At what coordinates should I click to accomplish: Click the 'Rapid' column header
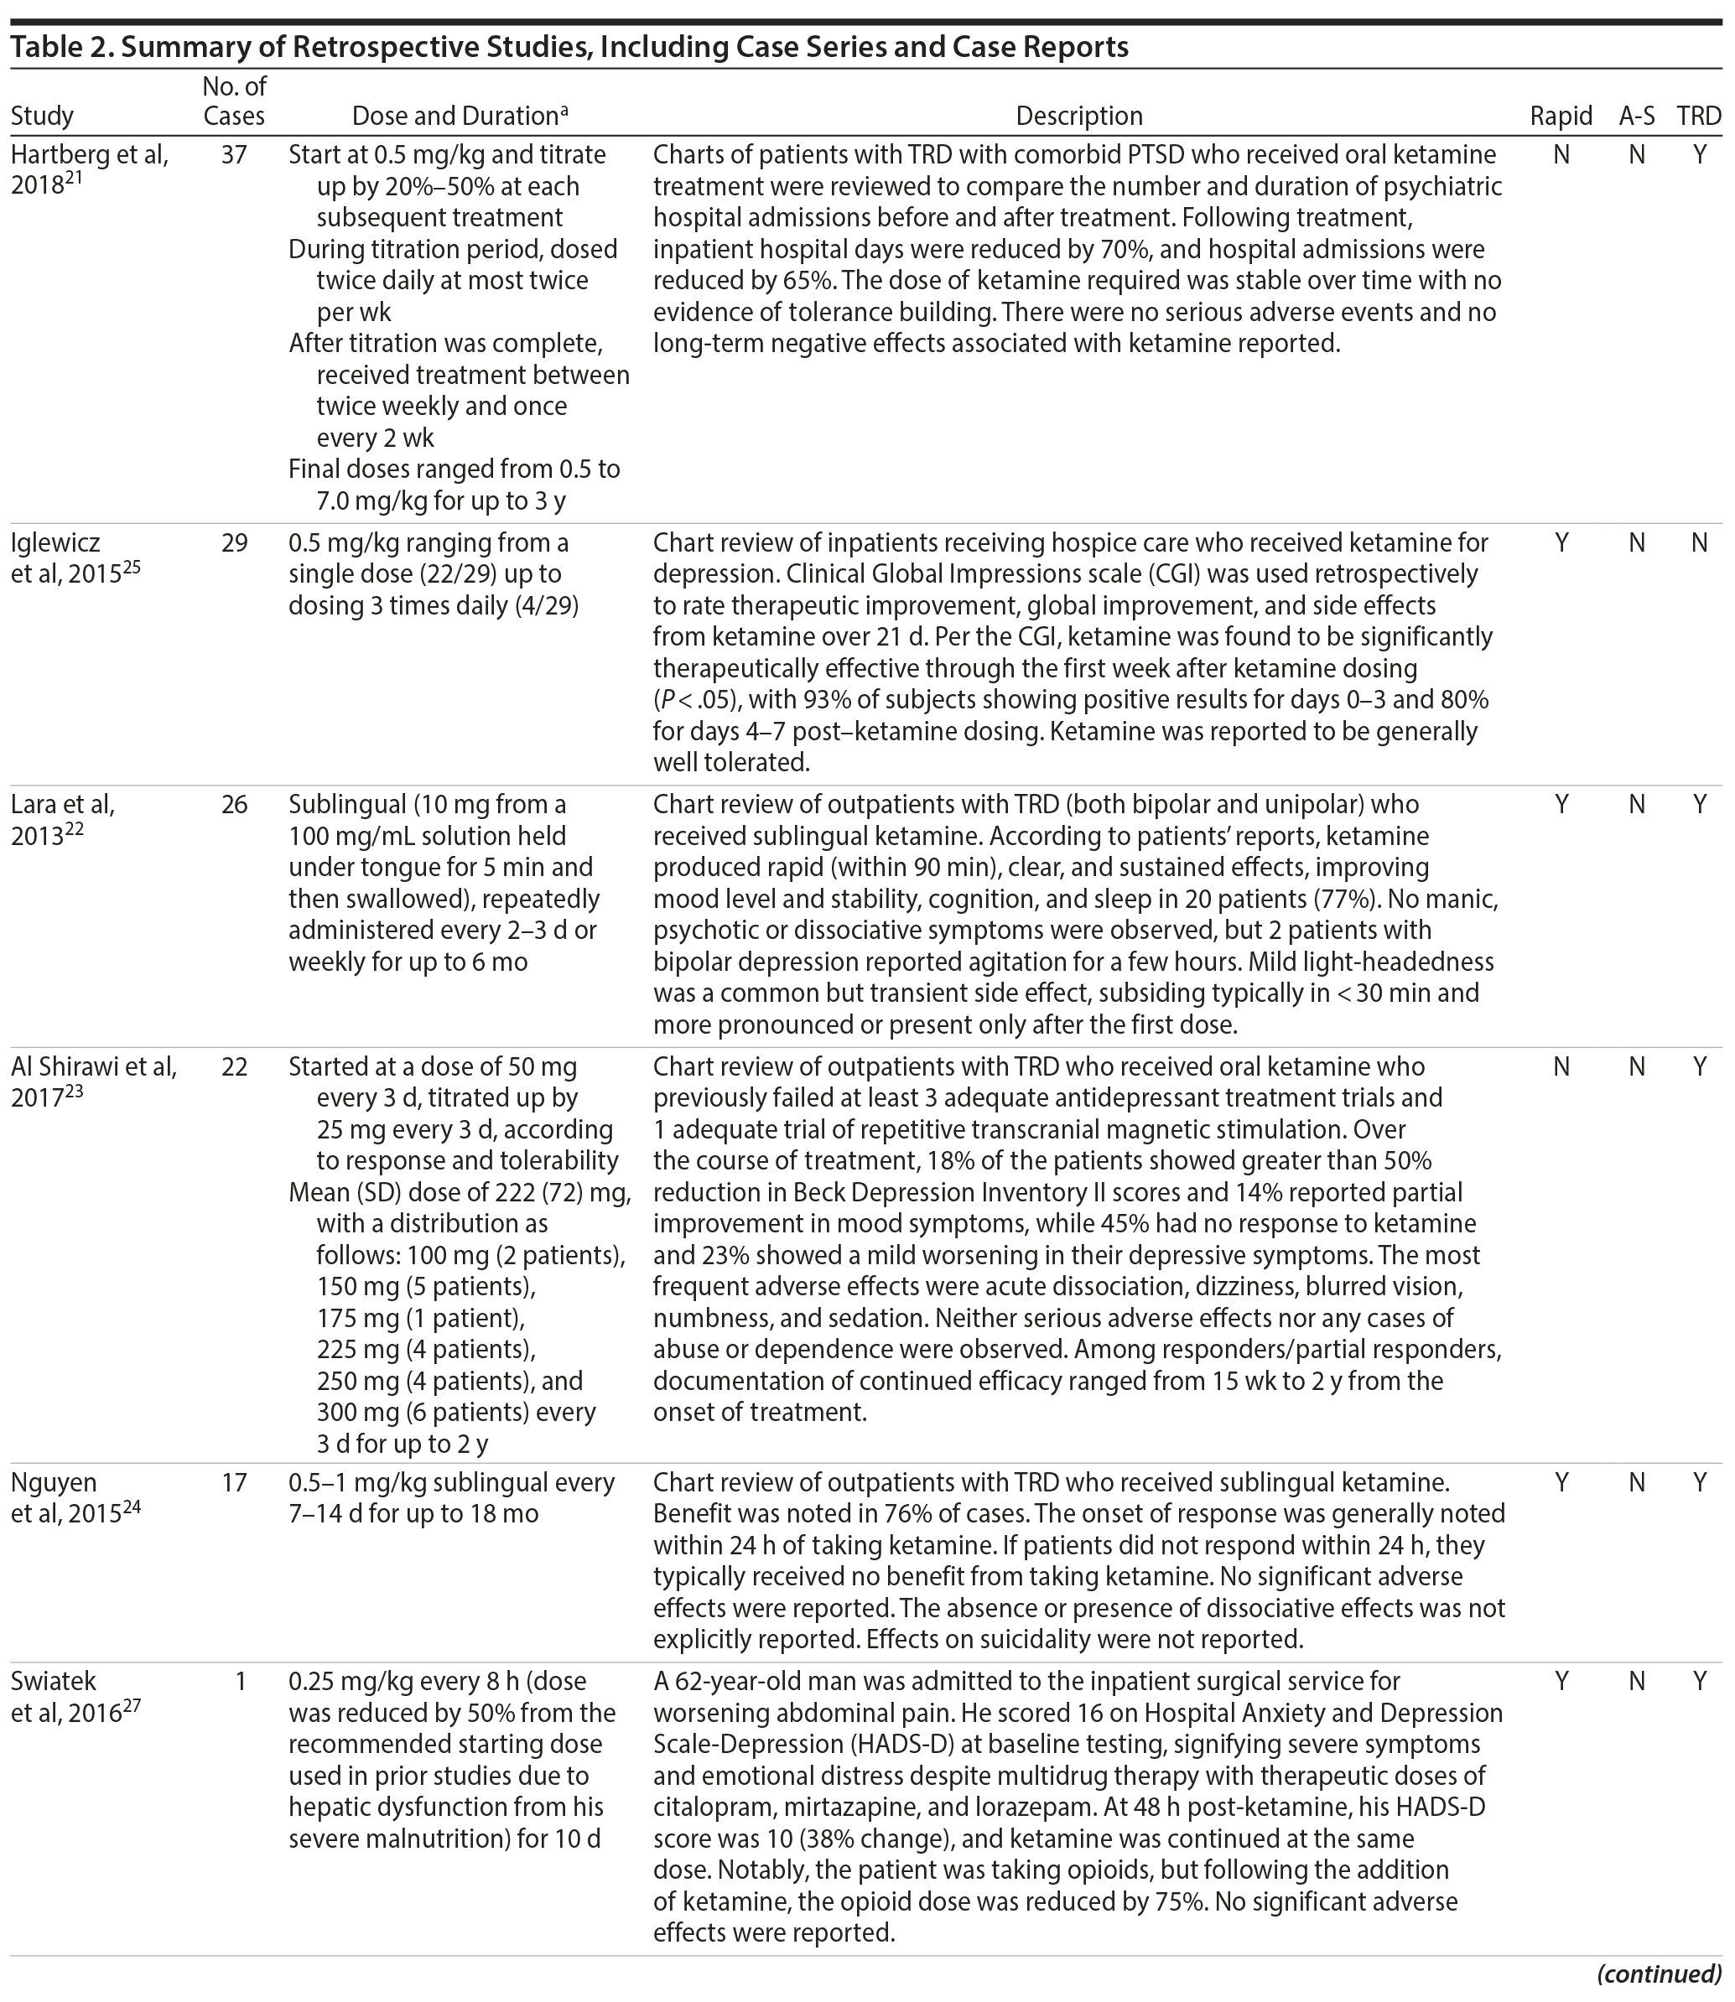1560,117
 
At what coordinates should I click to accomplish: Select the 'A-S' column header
1636,117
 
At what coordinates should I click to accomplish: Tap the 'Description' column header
1078,117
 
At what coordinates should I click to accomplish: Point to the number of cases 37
234,155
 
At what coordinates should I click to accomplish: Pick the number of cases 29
234,543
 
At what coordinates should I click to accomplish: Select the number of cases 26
234,805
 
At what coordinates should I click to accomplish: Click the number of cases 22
234,1067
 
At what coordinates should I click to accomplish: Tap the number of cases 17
234,1482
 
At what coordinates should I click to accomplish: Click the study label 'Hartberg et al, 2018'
89,169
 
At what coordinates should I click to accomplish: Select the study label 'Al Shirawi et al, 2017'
93,1082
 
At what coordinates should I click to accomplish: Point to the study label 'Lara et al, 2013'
62,820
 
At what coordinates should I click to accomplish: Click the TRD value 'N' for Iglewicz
1698,543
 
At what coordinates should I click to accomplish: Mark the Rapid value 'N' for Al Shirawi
1561,1067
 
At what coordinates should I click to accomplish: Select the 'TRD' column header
1699,117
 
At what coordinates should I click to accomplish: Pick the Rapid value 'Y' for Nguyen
1561,1482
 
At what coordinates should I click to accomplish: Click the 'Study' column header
43,117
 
